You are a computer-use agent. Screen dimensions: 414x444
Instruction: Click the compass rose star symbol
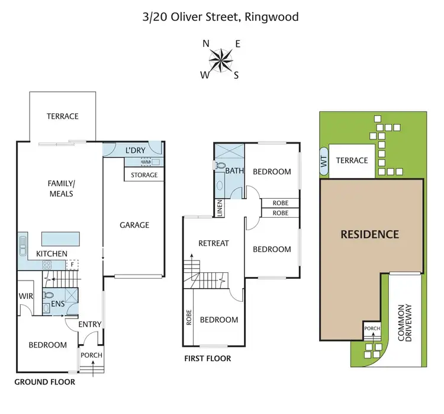pos(221,59)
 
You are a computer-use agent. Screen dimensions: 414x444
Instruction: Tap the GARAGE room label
pos(134,225)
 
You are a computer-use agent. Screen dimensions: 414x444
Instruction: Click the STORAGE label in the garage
pos(144,175)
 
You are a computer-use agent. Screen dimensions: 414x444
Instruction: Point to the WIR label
pos(25,297)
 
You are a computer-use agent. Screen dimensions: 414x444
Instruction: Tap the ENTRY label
pos(91,324)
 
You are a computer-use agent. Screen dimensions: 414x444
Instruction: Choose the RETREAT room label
pos(213,243)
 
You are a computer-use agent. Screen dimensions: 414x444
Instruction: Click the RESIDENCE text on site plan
pos(369,234)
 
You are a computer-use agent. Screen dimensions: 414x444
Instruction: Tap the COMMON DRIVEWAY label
pos(404,323)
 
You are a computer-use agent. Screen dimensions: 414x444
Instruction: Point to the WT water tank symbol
pos(323,163)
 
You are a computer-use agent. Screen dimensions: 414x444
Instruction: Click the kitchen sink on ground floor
pos(23,245)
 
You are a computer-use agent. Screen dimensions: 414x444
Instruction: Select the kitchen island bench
pos(60,238)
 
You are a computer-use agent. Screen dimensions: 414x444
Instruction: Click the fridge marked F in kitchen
pos(73,266)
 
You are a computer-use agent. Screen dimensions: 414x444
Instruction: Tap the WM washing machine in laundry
pos(146,162)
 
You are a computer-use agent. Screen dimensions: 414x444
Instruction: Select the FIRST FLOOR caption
pos(207,358)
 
